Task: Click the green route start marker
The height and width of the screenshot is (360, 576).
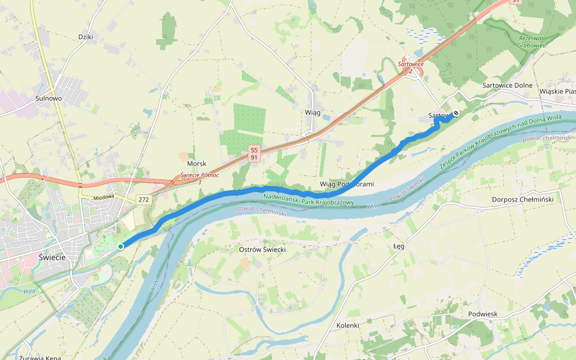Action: click(x=121, y=246)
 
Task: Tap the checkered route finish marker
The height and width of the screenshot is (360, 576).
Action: click(x=456, y=113)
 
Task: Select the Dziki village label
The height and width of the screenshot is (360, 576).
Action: click(x=86, y=37)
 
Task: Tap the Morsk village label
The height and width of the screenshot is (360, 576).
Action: click(x=197, y=164)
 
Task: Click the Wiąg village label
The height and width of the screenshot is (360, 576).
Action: click(x=313, y=112)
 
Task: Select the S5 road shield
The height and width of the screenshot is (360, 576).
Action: click(x=254, y=149)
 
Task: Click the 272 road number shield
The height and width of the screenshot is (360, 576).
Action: click(x=143, y=199)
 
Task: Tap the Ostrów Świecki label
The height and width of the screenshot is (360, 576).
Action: click(x=262, y=249)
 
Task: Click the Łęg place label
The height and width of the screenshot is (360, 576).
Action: click(x=399, y=246)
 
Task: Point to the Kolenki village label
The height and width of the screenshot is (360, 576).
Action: click(x=347, y=325)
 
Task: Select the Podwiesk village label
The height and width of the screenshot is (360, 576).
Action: click(x=483, y=314)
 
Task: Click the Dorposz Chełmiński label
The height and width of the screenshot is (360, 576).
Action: click(x=522, y=199)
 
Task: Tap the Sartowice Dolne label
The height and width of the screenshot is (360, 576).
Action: click(x=507, y=85)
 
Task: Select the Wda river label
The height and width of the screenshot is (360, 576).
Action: click(x=29, y=292)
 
